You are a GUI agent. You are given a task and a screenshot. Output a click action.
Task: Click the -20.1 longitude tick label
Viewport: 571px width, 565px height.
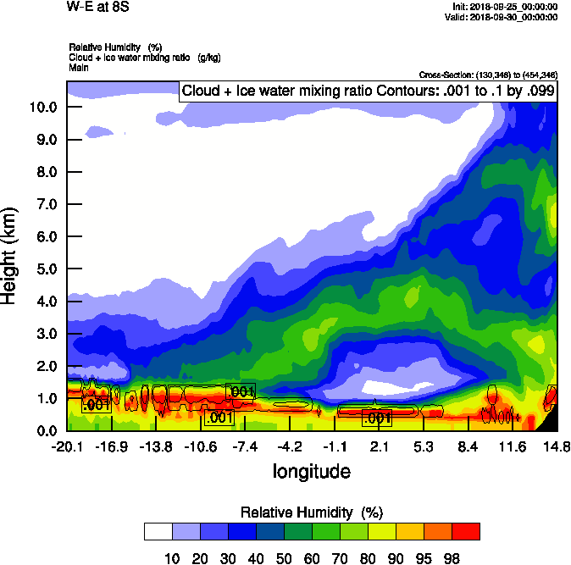67,446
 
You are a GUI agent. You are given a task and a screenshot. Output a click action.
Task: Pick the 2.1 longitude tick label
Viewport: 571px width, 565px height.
379,446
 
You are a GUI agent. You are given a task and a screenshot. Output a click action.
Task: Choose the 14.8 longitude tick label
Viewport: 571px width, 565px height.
557,446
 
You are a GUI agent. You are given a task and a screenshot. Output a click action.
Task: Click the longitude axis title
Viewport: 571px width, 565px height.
311,470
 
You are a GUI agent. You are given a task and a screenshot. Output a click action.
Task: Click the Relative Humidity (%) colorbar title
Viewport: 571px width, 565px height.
313,512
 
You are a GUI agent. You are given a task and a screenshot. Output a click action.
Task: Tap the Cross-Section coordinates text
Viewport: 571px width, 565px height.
488,75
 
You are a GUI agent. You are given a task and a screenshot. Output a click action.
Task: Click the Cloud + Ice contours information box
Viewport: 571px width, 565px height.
369,91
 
